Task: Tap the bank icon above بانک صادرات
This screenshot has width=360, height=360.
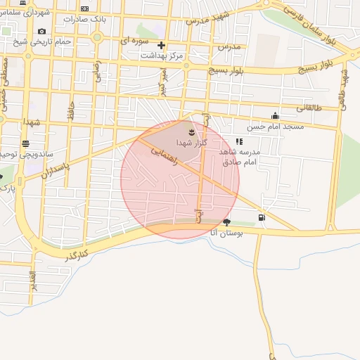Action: (x=84, y=8)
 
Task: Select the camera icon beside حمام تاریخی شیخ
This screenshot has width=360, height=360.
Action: (x=42, y=32)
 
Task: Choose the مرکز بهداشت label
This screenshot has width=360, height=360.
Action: (x=162, y=55)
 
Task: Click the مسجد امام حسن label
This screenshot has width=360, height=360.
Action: (x=274, y=127)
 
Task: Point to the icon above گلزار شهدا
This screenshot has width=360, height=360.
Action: (x=191, y=131)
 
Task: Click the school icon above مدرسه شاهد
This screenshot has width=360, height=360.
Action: (x=239, y=141)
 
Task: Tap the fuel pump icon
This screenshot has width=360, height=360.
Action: (x=262, y=217)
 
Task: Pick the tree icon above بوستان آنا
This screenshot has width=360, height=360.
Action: (x=226, y=223)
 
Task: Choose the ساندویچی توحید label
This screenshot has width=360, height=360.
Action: (x=15, y=153)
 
